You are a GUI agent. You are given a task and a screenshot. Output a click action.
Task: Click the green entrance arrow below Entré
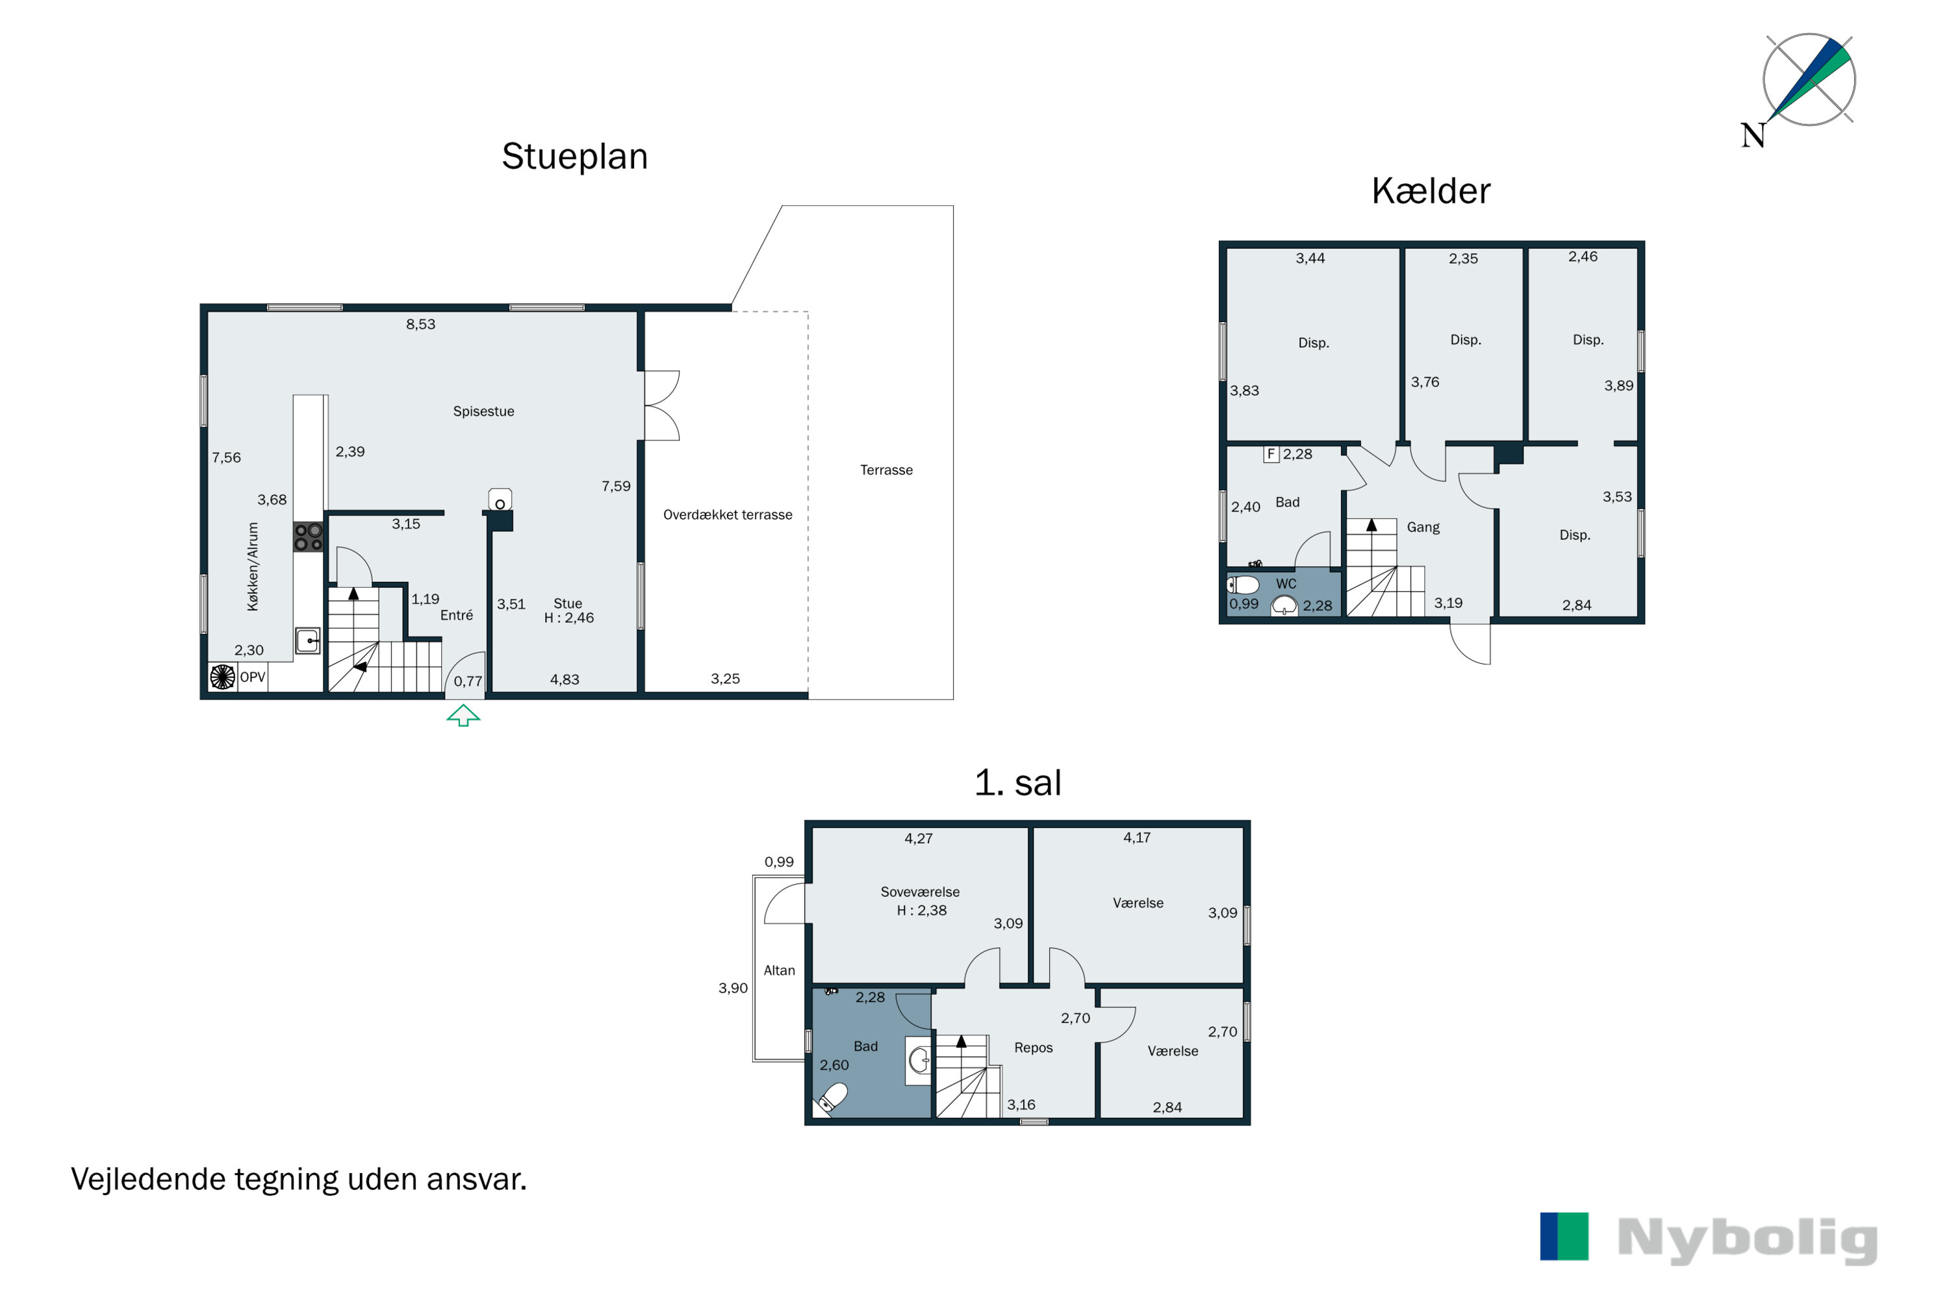click(x=463, y=716)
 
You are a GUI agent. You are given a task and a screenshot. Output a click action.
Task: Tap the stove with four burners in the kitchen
click(x=308, y=537)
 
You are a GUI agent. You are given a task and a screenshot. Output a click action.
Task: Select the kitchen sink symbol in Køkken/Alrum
click(x=307, y=641)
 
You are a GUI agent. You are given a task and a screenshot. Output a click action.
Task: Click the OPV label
click(x=253, y=677)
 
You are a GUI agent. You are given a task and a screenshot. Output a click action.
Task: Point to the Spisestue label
click(x=483, y=412)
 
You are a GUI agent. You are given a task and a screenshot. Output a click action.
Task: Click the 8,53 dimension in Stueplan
click(x=420, y=325)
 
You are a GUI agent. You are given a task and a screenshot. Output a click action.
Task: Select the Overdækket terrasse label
click(x=728, y=514)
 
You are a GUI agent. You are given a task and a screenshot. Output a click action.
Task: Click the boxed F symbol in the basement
click(x=1271, y=454)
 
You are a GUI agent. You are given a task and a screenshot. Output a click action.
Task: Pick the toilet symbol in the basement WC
click(x=1242, y=585)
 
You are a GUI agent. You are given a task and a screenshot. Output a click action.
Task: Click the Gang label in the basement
click(x=1423, y=527)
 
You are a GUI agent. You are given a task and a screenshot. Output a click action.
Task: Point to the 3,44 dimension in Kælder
click(x=1310, y=259)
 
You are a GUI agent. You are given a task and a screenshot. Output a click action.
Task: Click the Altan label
click(x=779, y=970)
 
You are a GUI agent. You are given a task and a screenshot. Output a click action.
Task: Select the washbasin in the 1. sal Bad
click(x=918, y=1061)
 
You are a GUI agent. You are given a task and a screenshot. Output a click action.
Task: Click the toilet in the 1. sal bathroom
click(x=833, y=1098)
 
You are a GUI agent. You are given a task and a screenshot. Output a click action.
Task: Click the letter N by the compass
click(x=1753, y=135)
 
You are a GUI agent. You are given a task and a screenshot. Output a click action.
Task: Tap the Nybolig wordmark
click(x=1747, y=1239)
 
